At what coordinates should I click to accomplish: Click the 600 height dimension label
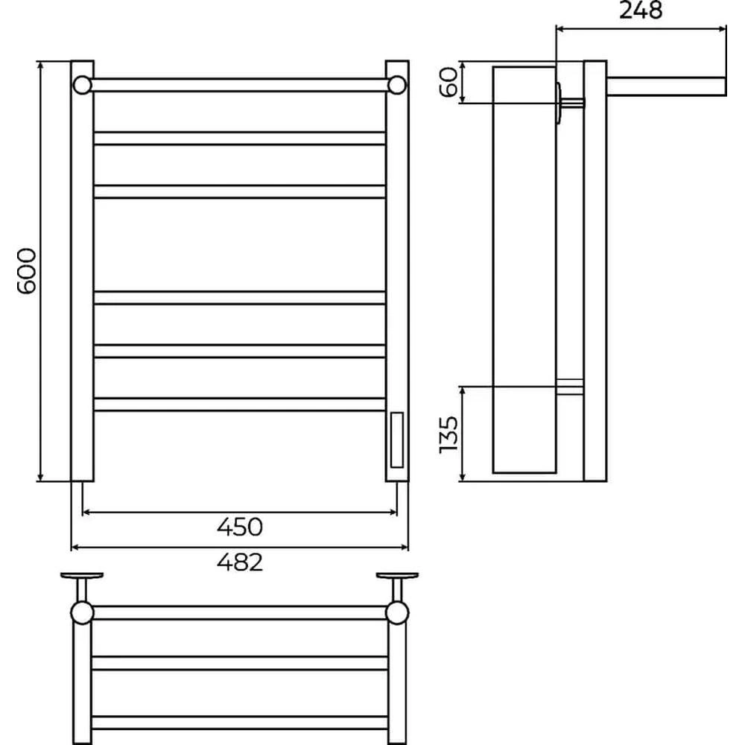tap(27, 271)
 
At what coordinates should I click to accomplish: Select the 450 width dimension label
tap(239, 527)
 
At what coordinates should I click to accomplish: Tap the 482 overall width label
tap(239, 562)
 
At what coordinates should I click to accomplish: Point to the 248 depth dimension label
tap(641, 10)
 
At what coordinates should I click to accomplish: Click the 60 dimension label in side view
tap(448, 82)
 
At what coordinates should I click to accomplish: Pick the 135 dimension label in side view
tap(448, 434)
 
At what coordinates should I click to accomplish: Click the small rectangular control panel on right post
tap(397, 440)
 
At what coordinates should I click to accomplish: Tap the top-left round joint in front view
tap(82, 85)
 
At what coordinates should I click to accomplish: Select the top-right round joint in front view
tap(397, 85)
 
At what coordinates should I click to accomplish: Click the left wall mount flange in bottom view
tap(82, 576)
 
